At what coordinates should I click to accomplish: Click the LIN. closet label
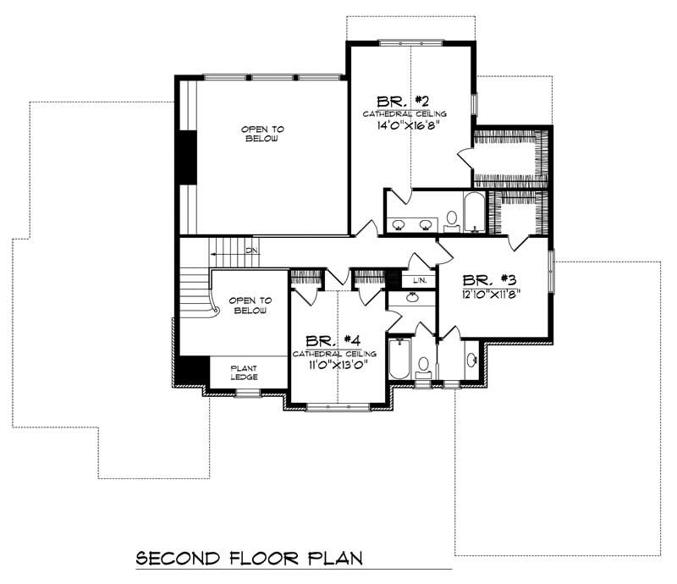420,280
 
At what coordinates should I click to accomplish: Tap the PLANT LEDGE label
245,372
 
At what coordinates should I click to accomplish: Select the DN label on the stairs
251,251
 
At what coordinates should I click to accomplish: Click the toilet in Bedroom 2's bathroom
451,221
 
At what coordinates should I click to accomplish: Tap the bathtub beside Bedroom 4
399,360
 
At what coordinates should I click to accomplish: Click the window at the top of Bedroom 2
410,43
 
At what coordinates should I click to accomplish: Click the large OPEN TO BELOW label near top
262,134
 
